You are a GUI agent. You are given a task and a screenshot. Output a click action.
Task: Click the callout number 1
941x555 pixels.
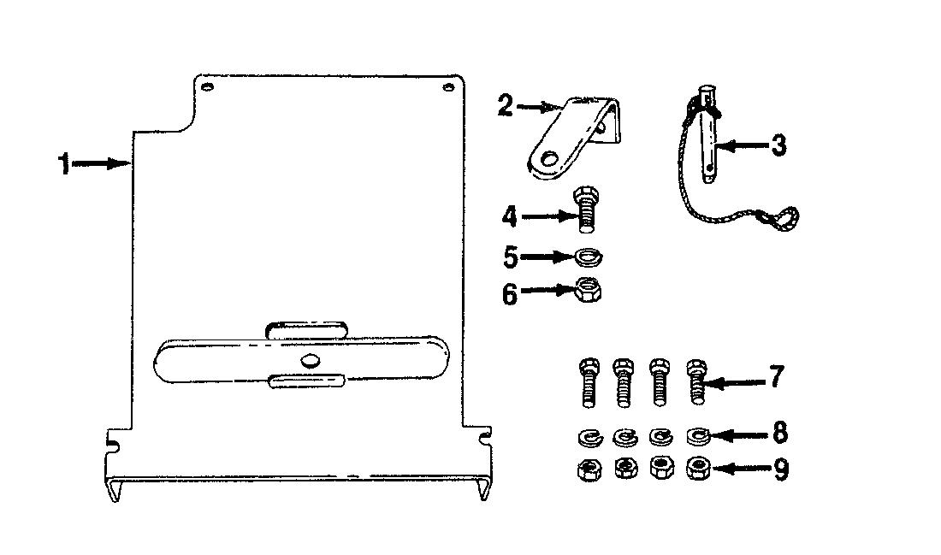(63, 164)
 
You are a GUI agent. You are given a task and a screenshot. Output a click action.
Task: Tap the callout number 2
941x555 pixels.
(505, 106)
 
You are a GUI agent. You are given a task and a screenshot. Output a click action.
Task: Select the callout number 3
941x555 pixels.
(778, 145)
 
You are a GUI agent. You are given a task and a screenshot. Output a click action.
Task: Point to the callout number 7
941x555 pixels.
(777, 377)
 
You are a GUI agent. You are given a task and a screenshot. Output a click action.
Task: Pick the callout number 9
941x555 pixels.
(780, 469)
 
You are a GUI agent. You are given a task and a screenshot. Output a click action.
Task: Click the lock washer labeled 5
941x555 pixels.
(589, 257)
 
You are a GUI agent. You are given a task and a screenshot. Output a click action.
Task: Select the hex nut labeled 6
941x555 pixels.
(589, 291)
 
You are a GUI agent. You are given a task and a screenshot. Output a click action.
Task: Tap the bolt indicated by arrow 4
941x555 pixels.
(586, 210)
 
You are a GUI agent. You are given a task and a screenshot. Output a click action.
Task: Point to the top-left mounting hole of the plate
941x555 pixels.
(207, 87)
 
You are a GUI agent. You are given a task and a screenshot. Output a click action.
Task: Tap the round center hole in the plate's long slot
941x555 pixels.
(311, 360)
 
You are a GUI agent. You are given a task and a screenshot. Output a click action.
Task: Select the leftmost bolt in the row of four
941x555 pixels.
(589, 382)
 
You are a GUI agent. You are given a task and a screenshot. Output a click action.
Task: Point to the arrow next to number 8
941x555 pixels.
(740, 435)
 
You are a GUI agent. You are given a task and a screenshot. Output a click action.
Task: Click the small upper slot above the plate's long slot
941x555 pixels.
(306, 329)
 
